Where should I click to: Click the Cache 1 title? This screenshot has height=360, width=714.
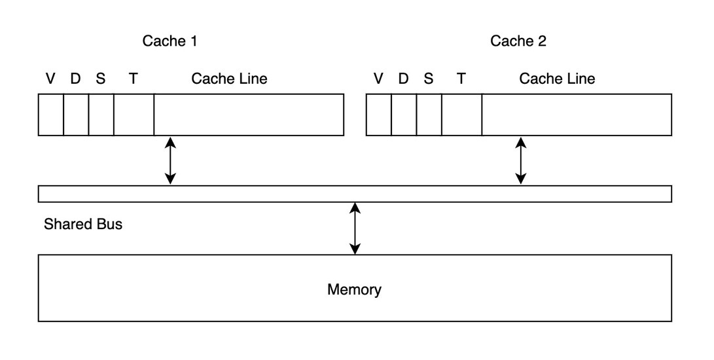pos(170,41)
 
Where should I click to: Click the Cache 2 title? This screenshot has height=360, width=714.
pos(518,41)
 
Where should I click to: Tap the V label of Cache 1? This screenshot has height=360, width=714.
pos(50,79)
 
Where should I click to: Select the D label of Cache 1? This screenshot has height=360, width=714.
pos(76,79)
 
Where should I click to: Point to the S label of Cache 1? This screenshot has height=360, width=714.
pos(101,79)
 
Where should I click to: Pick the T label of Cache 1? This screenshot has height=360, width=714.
pos(133,79)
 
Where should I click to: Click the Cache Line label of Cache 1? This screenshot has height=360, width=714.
pos(229,79)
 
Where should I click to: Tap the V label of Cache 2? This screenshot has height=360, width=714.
pos(378,79)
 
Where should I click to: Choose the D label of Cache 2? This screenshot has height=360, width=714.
pos(403,79)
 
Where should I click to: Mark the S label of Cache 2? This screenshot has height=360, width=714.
pos(429,79)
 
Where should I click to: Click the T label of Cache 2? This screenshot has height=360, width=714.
pos(461,79)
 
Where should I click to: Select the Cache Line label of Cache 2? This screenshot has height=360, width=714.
pos(557,79)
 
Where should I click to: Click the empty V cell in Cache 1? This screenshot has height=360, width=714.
pos(51,115)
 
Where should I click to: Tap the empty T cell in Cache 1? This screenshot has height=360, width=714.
pos(134,115)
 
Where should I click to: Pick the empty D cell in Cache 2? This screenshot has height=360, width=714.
pos(404,115)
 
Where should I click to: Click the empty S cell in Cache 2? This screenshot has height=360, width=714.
pos(429,115)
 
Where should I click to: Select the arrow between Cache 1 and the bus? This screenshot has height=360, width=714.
pos(170,161)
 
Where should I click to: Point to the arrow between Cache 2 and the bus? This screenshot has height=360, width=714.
pos(521,161)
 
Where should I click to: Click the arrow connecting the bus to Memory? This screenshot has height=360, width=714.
pos(355,228)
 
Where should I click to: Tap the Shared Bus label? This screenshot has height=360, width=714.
pos(83,225)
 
